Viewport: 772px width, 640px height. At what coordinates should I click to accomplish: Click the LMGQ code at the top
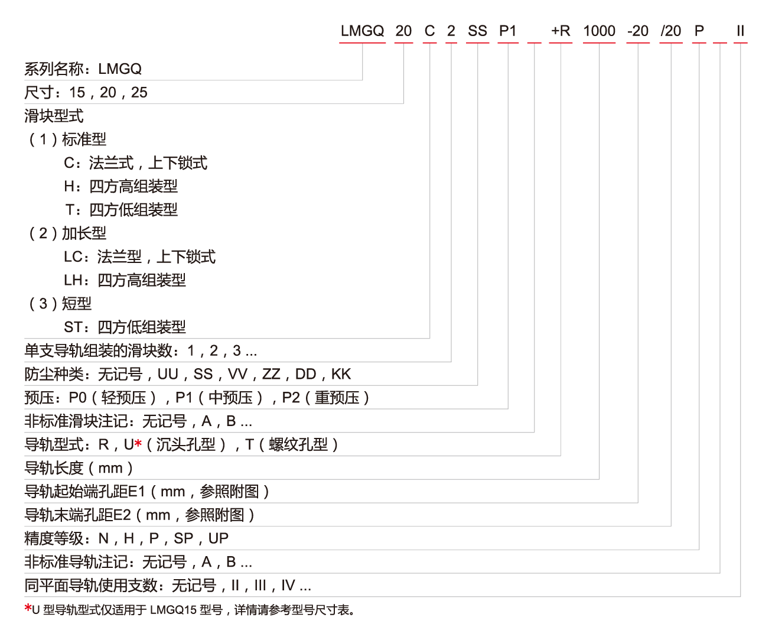pos(362,31)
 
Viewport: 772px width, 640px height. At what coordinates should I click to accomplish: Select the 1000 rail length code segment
pos(599,31)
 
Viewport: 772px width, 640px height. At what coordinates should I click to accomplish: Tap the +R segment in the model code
pos(561,31)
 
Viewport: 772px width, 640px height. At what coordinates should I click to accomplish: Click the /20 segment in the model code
pos(670,31)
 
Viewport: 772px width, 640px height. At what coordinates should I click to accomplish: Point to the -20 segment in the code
pos(638,31)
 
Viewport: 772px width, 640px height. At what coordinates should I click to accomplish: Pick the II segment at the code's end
pos(740,31)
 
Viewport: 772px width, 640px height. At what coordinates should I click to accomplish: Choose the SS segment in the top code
pos(477,31)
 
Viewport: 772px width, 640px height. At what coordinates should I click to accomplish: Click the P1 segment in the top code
pos(507,31)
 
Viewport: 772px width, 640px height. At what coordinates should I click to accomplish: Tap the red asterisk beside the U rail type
pos(138,443)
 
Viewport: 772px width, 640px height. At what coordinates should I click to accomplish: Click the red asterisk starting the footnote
pos(28,608)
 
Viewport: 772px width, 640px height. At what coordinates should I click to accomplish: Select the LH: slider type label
pos(76,280)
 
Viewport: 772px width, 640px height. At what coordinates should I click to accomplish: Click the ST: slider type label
pos(76,327)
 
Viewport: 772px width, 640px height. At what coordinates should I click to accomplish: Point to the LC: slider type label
pos(76,256)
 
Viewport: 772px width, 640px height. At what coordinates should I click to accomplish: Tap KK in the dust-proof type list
pos(341,374)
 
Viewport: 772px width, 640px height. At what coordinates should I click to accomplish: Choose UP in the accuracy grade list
pos(218,538)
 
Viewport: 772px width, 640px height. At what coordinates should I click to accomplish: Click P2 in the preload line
pos(291,398)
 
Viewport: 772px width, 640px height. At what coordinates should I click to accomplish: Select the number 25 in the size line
pos(139,93)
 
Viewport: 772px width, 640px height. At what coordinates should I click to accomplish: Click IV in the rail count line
pos(288,585)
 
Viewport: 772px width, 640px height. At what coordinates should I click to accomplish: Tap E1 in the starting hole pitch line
pos(136,491)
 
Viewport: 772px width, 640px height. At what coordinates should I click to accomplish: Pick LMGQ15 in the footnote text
pos(174,610)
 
